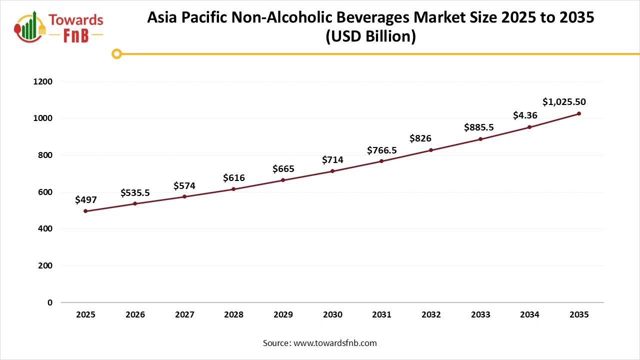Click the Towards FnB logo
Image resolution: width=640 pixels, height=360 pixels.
(x=59, y=26)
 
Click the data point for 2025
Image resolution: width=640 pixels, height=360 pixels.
(x=85, y=211)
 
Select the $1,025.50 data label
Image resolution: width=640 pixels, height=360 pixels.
(x=564, y=102)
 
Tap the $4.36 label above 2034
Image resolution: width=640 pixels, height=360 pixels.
(x=525, y=115)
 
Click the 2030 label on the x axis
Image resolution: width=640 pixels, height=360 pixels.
(x=332, y=315)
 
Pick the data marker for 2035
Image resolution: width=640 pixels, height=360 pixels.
(x=579, y=113)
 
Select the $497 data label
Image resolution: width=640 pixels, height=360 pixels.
(x=85, y=200)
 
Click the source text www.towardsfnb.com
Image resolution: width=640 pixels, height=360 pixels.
(x=334, y=343)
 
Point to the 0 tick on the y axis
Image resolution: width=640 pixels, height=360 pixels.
(x=50, y=302)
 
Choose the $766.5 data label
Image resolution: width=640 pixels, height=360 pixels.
(x=381, y=150)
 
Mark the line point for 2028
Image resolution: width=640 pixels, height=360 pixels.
(x=233, y=189)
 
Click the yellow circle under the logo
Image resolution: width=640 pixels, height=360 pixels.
(x=116, y=54)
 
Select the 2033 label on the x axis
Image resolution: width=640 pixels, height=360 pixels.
(x=480, y=315)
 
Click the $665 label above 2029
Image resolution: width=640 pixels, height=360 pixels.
(x=283, y=169)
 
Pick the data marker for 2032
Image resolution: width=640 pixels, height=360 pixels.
(x=431, y=150)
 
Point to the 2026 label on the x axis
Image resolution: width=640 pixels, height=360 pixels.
(x=135, y=315)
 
